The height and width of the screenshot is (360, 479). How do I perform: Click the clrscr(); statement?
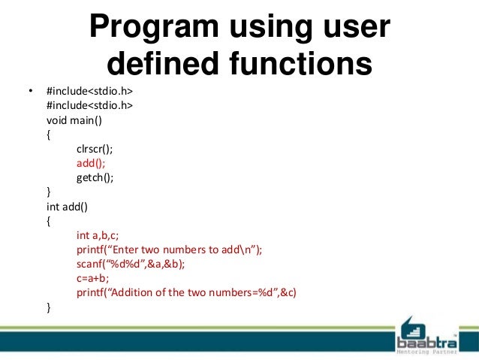point(94,149)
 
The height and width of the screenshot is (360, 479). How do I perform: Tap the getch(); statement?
point(95,177)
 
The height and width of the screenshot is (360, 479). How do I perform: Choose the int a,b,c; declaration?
point(98,235)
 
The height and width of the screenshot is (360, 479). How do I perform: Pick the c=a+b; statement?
point(92,278)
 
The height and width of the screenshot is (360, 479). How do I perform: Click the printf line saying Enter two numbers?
point(169,250)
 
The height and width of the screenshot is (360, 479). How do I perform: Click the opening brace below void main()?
point(49,135)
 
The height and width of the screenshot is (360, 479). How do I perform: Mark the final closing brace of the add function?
point(49,307)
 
